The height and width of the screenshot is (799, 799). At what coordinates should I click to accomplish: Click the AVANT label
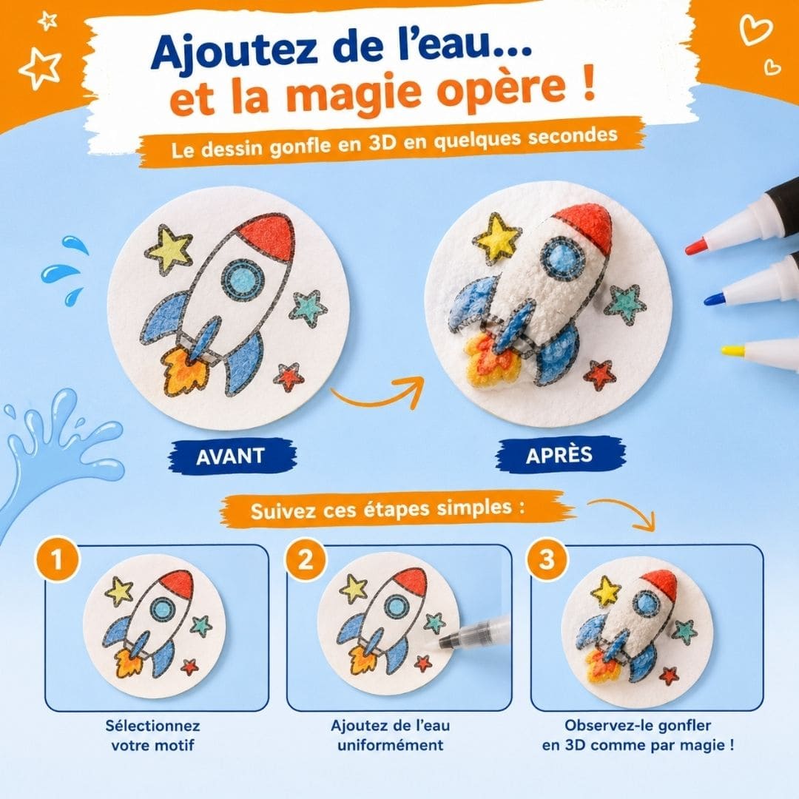pos(230,455)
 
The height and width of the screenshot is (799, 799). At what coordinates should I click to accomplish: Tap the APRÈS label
pos(559,454)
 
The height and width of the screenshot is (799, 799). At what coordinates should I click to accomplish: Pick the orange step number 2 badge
pos(306,559)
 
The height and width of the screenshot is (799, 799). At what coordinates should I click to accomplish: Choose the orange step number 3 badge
pos(547,559)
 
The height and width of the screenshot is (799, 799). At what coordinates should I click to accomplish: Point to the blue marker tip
pos(713,298)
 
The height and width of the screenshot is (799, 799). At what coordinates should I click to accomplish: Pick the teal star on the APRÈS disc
pos(624,304)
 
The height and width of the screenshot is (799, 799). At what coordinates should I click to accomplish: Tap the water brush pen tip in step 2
pos(434,642)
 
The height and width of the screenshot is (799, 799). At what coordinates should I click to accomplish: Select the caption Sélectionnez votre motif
pos(153,735)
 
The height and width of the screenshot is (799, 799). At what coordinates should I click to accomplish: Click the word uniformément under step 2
pos(391,745)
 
